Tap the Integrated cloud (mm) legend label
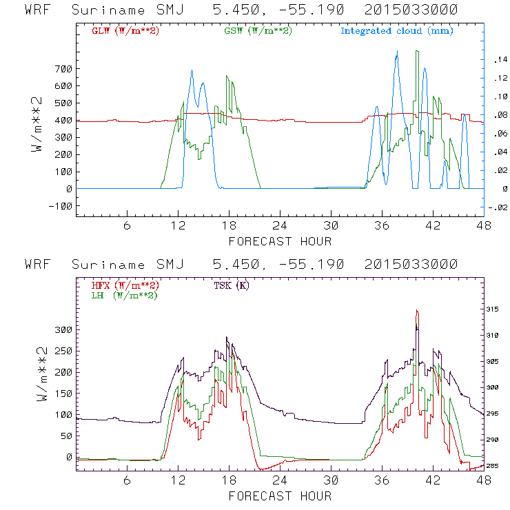[397, 31]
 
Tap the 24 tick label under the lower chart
[279, 481]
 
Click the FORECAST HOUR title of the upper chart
[279, 241]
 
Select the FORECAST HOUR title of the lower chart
[279, 496]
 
